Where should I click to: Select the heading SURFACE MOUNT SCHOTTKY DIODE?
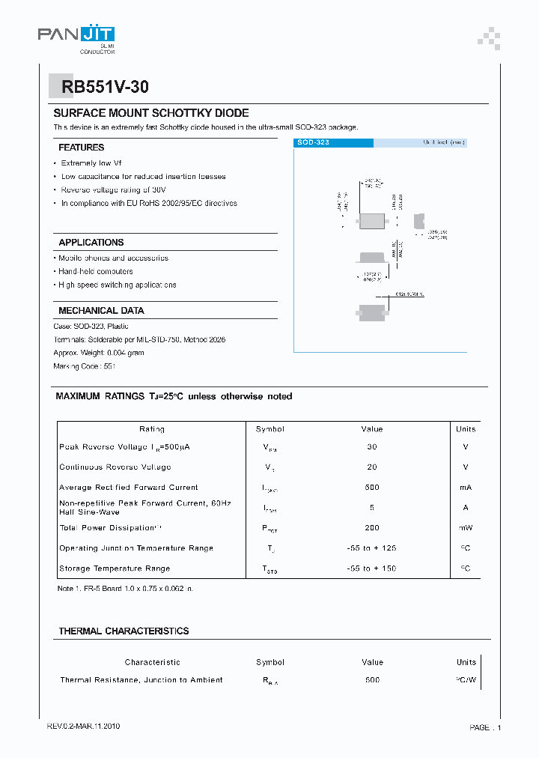pyautogui.click(x=150, y=113)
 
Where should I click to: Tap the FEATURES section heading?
pyautogui.click(x=82, y=148)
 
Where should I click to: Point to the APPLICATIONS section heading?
pyautogui.click(x=91, y=243)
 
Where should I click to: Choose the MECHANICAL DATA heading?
pyautogui.click(x=101, y=310)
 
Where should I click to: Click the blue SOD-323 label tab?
pyautogui.click(x=333, y=142)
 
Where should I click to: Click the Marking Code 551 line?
pyautogui.click(x=85, y=366)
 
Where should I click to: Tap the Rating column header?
pyautogui.click(x=152, y=429)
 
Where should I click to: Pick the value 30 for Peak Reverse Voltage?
pyautogui.click(x=372, y=446)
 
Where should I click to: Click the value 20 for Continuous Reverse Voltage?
pyautogui.click(x=372, y=467)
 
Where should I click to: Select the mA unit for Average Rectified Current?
pyautogui.click(x=466, y=487)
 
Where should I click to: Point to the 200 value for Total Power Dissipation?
pyautogui.click(x=372, y=527)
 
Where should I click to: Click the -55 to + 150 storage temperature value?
pyautogui.click(x=372, y=568)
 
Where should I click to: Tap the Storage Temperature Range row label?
pyautogui.click(x=115, y=568)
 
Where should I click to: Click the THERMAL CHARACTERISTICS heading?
pyautogui.click(x=124, y=631)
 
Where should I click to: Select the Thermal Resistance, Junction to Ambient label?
pyautogui.click(x=141, y=680)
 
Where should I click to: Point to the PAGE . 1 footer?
pyautogui.click(x=485, y=727)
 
